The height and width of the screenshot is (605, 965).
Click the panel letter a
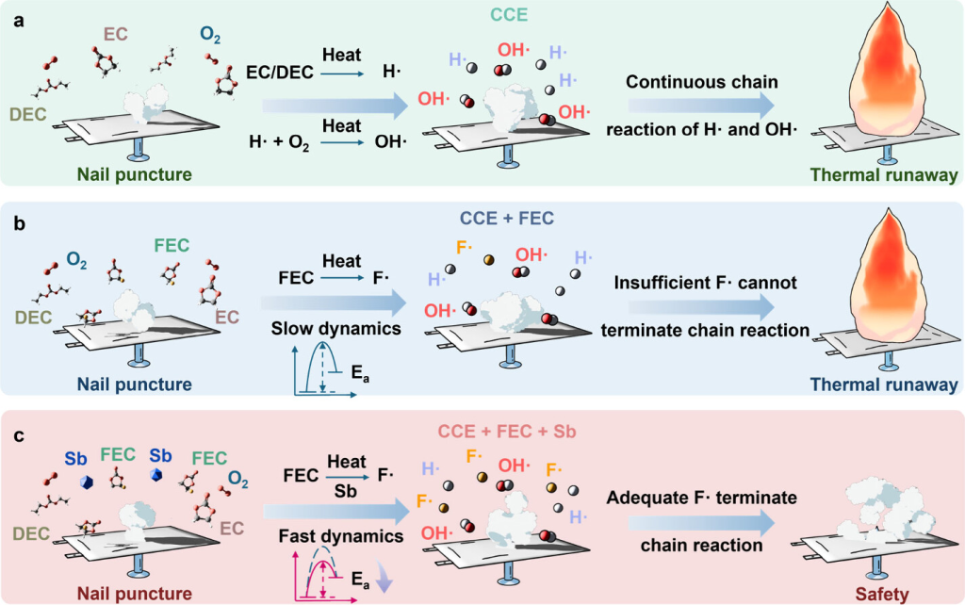click(17, 20)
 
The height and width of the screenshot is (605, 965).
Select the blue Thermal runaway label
click(884, 384)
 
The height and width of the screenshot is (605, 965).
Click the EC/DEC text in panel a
click(279, 71)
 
